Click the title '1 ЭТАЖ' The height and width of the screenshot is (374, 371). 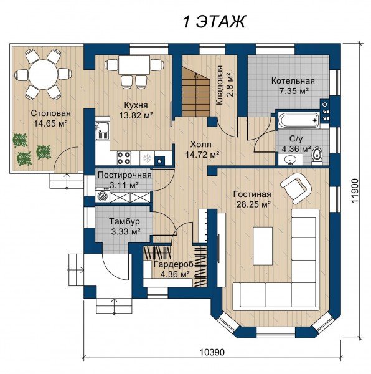click(x=214, y=22)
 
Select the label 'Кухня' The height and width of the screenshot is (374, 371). click(x=136, y=105)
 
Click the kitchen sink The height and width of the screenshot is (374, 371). click(x=102, y=131)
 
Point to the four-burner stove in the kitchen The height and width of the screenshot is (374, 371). click(x=124, y=158)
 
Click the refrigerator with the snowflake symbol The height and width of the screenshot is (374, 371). click(x=147, y=158)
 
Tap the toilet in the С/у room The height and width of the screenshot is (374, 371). click(x=317, y=156)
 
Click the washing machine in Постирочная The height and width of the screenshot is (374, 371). click(x=103, y=196)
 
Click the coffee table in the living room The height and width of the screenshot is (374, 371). click(x=263, y=246)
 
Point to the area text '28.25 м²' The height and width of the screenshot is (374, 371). click(x=253, y=204)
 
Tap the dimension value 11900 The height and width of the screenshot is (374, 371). click(x=355, y=191)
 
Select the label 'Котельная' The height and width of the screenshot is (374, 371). click(x=293, y=80)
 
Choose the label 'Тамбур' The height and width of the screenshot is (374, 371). click(x=124, y=221)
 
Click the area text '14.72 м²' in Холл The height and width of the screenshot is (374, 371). click(x=202, y=155)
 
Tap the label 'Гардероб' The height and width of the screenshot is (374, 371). click(x=173, y=264)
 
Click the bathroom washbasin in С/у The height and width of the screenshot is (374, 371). click(x=290, y=159)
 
